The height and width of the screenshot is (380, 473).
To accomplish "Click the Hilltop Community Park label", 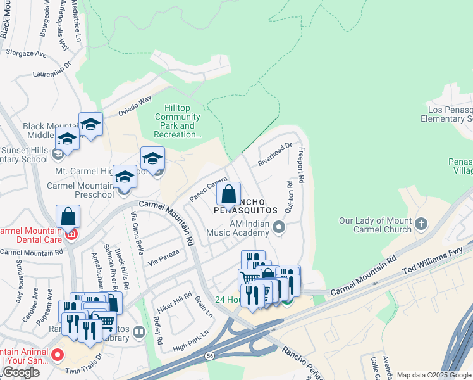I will [x=178, y=121].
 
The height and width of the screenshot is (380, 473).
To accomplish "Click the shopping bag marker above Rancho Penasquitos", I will [x=229, y=194].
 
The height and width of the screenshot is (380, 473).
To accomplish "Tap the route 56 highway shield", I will [x=209, y=357].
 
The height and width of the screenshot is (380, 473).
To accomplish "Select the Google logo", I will [x=21, y=372].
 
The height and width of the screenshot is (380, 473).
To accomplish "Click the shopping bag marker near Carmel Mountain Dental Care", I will [x=68, y=217].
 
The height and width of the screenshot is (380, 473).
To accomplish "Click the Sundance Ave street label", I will [x=19, y=289].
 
